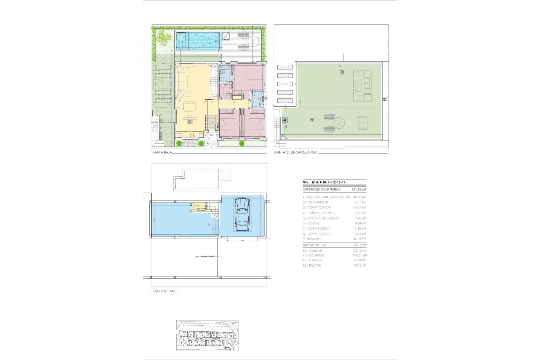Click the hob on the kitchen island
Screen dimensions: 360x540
tap(190, 122)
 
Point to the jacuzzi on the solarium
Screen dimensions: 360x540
tap(363, 123)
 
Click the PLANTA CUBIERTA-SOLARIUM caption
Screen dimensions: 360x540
tap(295, 152)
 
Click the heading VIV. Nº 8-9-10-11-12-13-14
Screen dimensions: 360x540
tap(324, 183)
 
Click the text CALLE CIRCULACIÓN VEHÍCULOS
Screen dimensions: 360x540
tap(206, 256)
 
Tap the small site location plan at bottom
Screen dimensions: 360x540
tap(208, 335)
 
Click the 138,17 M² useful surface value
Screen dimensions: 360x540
tap(359, 245)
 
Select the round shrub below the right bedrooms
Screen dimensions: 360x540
tap(241, 144)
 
